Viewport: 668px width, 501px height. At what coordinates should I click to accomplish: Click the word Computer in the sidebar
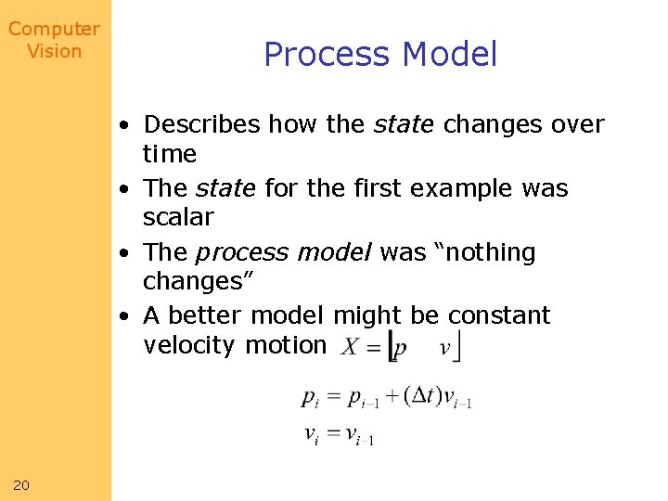tap(54, 30)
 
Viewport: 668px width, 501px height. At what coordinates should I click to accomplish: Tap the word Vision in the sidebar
tap(54, 51)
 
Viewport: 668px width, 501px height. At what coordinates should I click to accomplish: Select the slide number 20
tap(21, 484)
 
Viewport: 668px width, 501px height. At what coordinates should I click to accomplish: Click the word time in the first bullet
tap(170, 154)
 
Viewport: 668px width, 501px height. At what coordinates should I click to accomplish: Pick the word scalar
tap(178, 217)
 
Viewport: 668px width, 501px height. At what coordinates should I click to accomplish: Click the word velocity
tap(190, 345)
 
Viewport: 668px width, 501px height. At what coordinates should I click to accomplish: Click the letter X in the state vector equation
tap(350, 349)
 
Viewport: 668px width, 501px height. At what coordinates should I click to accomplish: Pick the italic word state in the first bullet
tap(405, 124)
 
